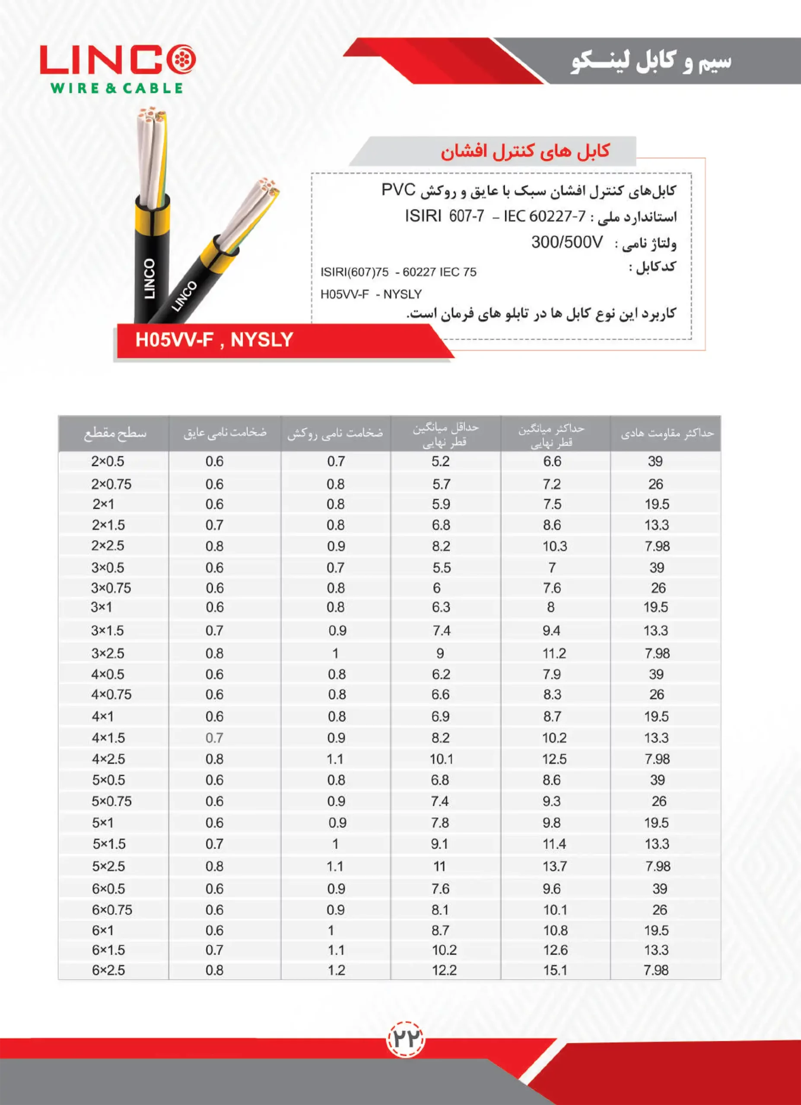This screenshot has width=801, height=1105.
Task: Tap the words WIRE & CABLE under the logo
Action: tap(117, 88)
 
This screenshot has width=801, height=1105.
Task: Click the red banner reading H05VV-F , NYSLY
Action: tap(215, 340)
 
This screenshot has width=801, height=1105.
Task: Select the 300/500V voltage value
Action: tap(566, 242)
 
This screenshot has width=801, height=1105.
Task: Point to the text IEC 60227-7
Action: tap(544, 216)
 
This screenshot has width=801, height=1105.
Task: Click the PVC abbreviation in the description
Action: tap(398, 189)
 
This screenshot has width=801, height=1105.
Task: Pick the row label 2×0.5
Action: tap(107, 461)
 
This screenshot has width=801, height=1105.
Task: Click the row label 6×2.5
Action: tap(108, 969)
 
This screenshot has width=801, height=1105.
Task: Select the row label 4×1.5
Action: tap(108, 738)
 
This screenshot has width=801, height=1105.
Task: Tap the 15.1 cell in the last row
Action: tap(555, 969)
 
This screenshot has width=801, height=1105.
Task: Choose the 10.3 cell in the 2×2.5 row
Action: tap(555, 546)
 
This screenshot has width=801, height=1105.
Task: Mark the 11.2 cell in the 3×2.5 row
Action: tap(554, 653)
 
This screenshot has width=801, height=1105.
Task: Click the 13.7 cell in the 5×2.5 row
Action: tap(555, 866)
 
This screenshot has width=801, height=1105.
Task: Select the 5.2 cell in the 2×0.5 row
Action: tap(440, 461)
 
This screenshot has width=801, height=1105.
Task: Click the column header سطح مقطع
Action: tap(114, 433)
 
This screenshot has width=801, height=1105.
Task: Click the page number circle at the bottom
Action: tap(406, 1039)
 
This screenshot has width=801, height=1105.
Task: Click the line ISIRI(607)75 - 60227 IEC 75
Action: tap(398, 272)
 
